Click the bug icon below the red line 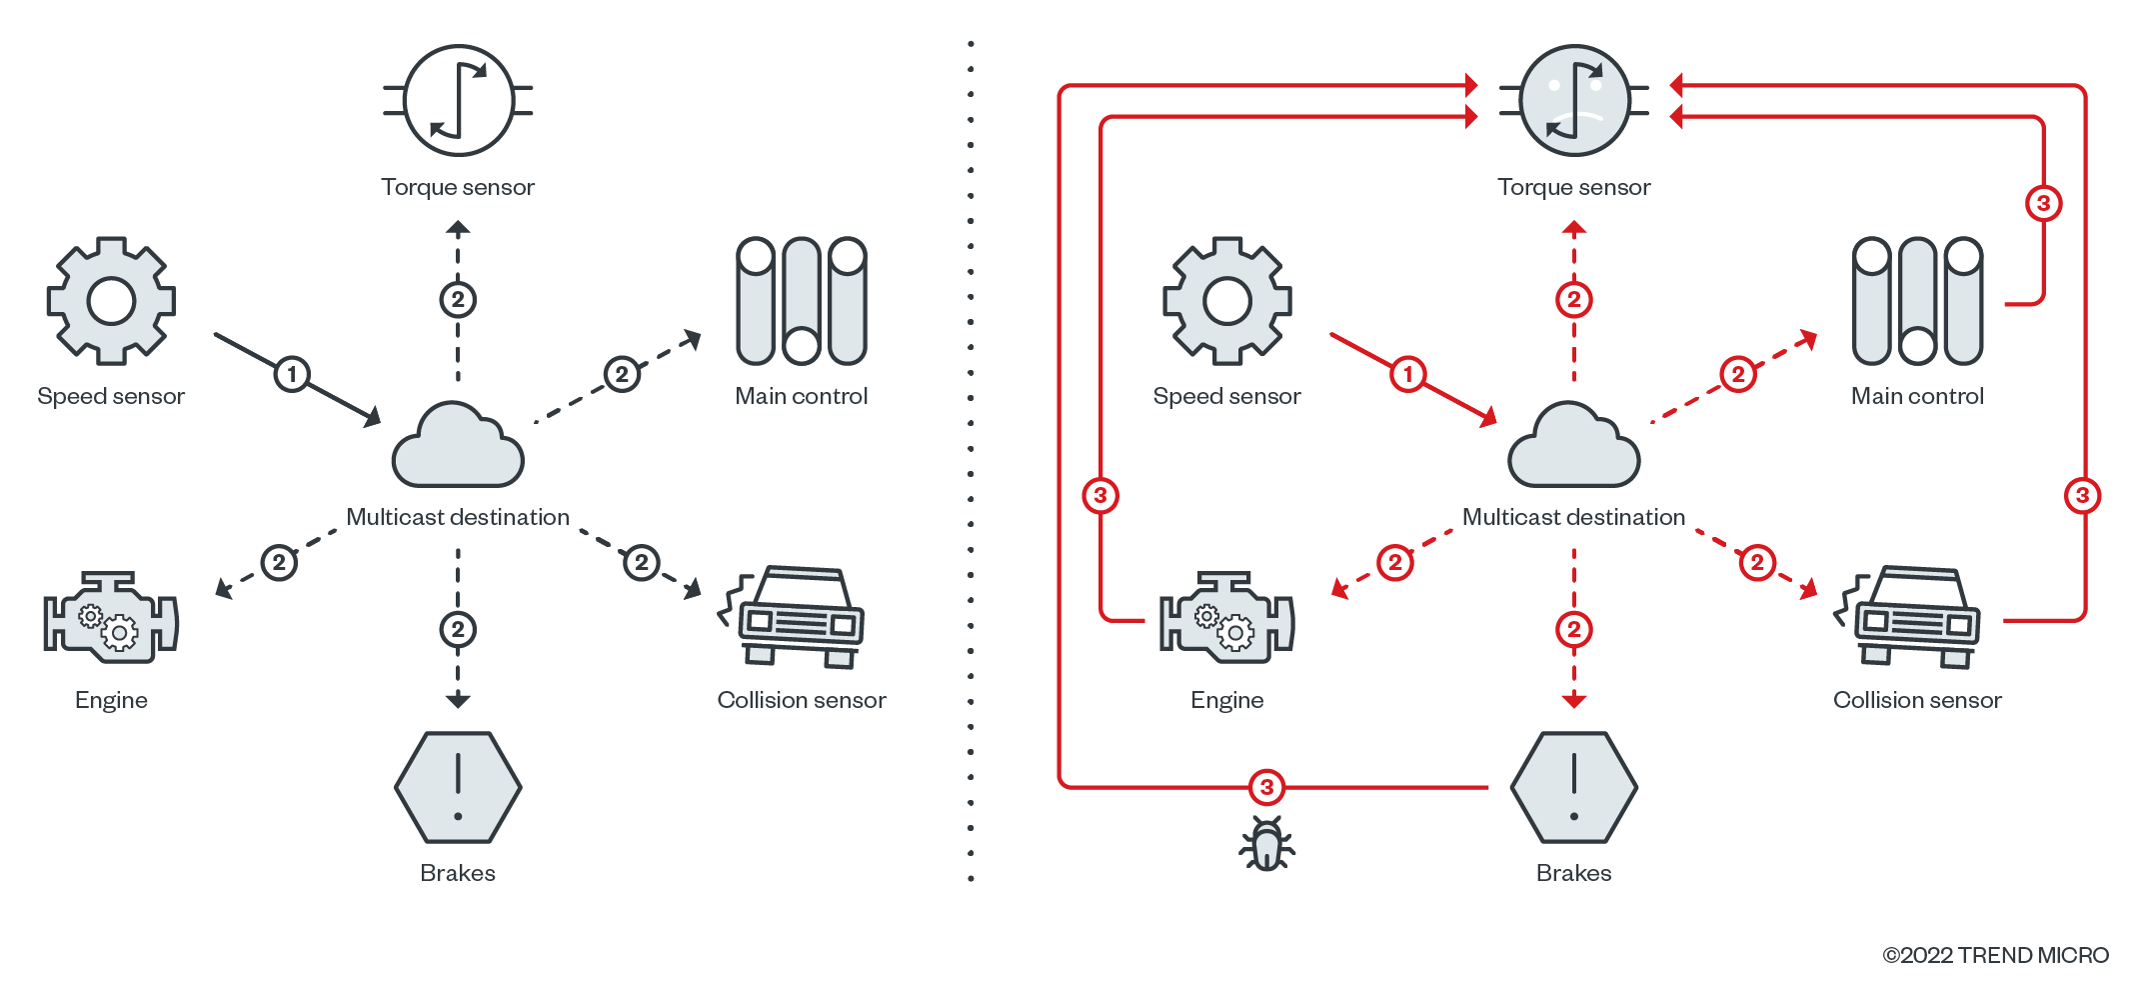pyautogui.click(x=1266, y=844)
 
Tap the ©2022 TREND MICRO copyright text pyautogui.click(x=1995, y=955)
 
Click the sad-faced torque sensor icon pyautogui.click(x=1574, y=100)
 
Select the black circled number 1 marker pyautogui.click(x=292, y=374)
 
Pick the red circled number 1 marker pyautogui.click(x=1407, y=374)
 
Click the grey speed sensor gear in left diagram pyautogui.click(x=111, y=300)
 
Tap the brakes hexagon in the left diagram pyautogui.click(x=458, y=787)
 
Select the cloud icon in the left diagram pyautogui.click(x=458, y=447)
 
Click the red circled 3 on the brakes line pyautogui.click(x=1266, y=787)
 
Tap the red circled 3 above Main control pyautogui.click(x=2043, y=203)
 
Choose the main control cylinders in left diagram pyautogui.click(x=802, y=300)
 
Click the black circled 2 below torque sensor pyautogui.click(x=458, y=299)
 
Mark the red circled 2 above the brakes pyautogui.click(x=1574, y=629)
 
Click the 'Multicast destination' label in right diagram pyautogui.click(x=1573, y=517)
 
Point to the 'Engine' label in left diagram pyautogui.click(x=111, y=700)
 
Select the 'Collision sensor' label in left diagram pyautogui.click(x=802, y=700)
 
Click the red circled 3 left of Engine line pyautogui.click(x=1100, y=495)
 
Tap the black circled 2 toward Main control pyautogui.click(x=622, y=374)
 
